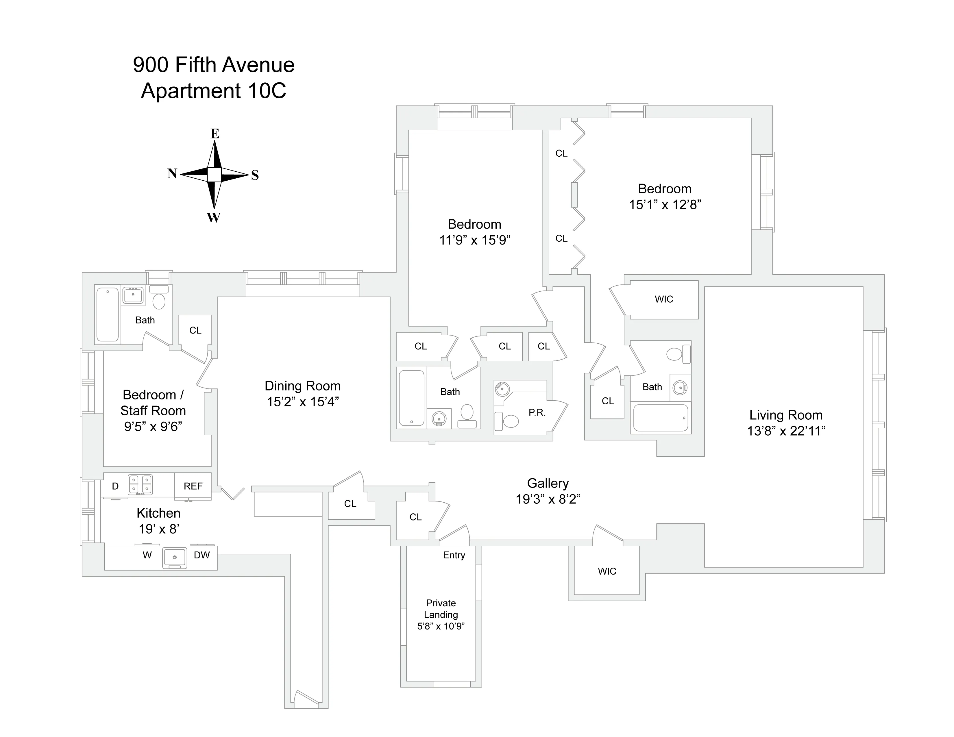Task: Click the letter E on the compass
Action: click(215, 134)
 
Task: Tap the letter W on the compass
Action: click(214, 217)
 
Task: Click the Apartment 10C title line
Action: click(214, 91)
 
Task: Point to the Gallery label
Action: click(548, 483)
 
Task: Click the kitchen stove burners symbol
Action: click(140, 485)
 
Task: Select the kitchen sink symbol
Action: click(175, 558)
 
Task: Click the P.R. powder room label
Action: click(537, 413)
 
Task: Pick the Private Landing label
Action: click(441, 609)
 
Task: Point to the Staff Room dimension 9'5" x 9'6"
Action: click(153, 427)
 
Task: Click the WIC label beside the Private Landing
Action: click(607, 571)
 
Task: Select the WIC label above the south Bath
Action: click(663, 299)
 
